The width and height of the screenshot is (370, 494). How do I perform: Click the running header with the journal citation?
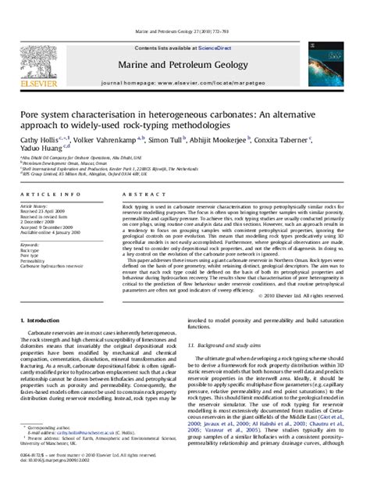[185, 10]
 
